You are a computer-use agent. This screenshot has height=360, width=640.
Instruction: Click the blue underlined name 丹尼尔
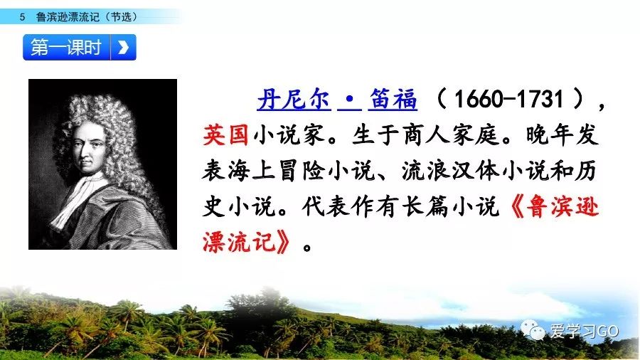(294, 100)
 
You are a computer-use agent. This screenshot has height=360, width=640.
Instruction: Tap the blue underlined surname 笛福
(393, 100)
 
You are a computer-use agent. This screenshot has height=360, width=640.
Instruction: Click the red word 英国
(225, 134)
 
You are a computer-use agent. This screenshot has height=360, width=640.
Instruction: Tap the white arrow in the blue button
(123, 48)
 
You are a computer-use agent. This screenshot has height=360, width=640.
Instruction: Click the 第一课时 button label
(66, 48)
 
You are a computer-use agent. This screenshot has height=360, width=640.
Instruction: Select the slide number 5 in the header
(22, 17)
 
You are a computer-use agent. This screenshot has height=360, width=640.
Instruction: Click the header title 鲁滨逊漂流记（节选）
(87, 17)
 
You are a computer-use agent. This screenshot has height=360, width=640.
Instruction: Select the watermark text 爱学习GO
(584, 331)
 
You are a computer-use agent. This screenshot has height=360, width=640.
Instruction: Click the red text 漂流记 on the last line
(239, 243)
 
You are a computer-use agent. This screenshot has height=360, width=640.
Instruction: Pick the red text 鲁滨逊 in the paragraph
(562, 206)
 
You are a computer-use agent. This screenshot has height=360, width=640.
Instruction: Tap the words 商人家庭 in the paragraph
(451, 134)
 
